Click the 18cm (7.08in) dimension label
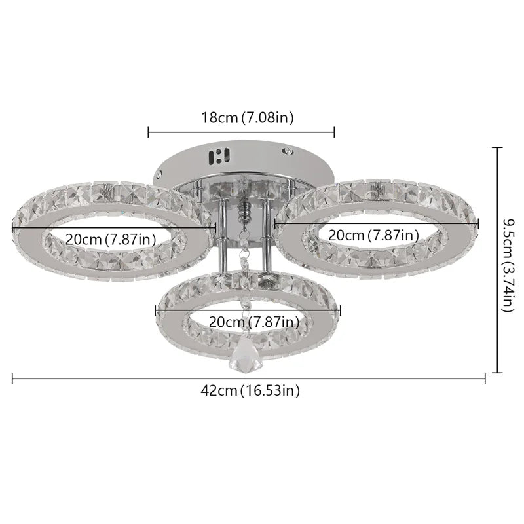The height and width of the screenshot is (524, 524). click(248, 118)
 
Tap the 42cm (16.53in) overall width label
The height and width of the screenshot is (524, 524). click(250, 391)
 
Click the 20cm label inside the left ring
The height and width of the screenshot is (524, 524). click(111, 239)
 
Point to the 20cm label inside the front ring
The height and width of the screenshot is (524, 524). click(254, 322)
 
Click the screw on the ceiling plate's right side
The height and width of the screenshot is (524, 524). click(287, 151)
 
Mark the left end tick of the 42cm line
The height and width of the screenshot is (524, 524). click(12, 378)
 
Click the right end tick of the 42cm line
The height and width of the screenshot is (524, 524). click(485, 378)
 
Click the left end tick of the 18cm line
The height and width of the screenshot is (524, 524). click(149, 132)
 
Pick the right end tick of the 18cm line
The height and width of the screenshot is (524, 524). click(335, 132)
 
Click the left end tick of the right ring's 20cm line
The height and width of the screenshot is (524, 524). click(275, 223)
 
